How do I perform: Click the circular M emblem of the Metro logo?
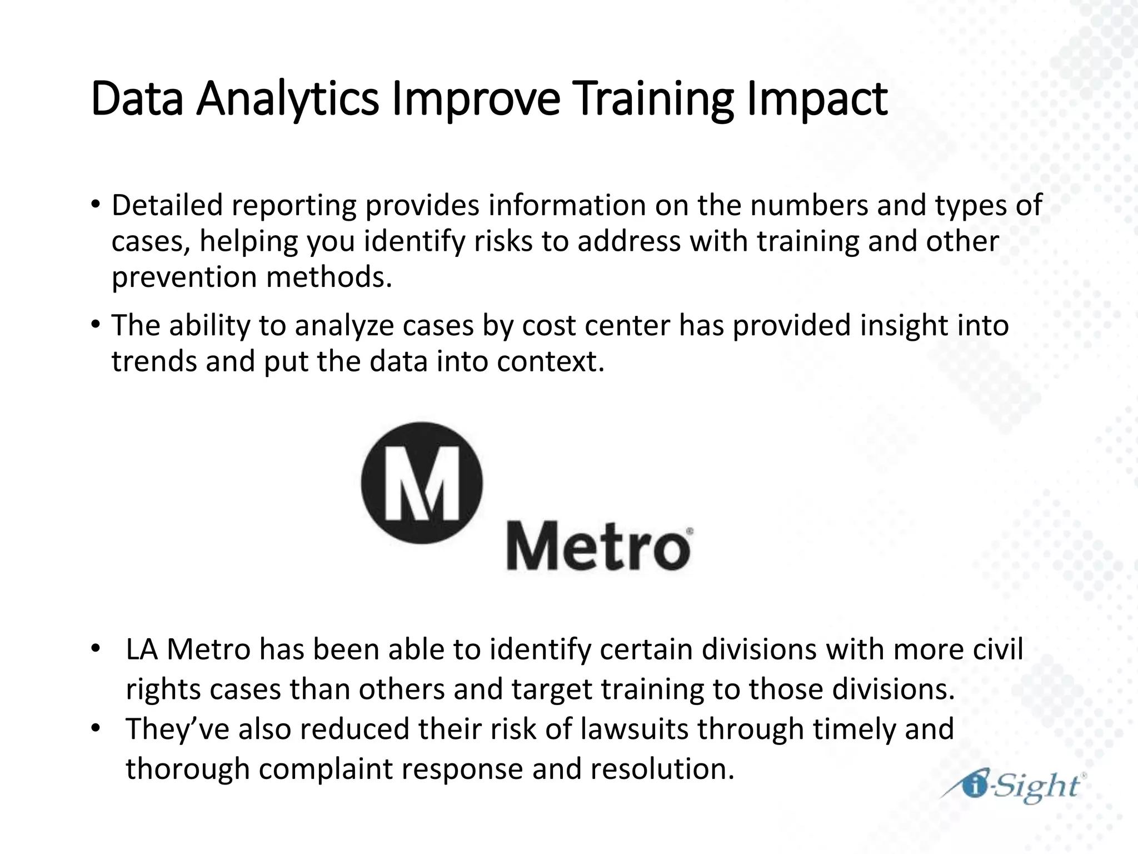pos(422,483)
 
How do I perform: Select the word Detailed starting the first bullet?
pos(167,205)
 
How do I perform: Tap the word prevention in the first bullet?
pos(184,276)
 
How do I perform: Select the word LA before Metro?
pos(143,649)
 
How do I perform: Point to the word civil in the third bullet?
pos(998,649)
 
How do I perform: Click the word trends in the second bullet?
pos(154,361)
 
